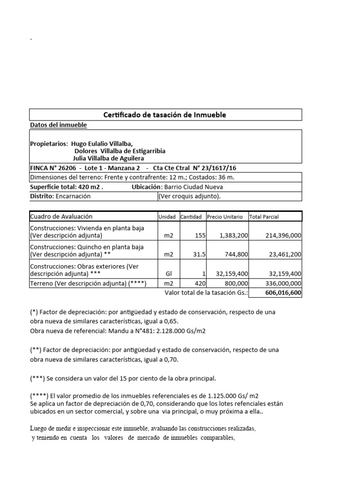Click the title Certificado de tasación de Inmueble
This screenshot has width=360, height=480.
(165, 115)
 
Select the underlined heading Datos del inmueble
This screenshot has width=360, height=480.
(58, 125)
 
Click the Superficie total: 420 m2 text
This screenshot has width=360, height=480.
(66, 187)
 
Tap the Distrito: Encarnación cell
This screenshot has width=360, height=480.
(60, 196)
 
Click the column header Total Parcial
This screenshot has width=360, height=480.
(265, 217)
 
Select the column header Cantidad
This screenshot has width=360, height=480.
(191, 217)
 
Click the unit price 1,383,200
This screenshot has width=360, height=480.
(233, 235)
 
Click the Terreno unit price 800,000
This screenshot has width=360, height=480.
(237, 283)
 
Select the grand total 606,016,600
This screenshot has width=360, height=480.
(282, 292)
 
